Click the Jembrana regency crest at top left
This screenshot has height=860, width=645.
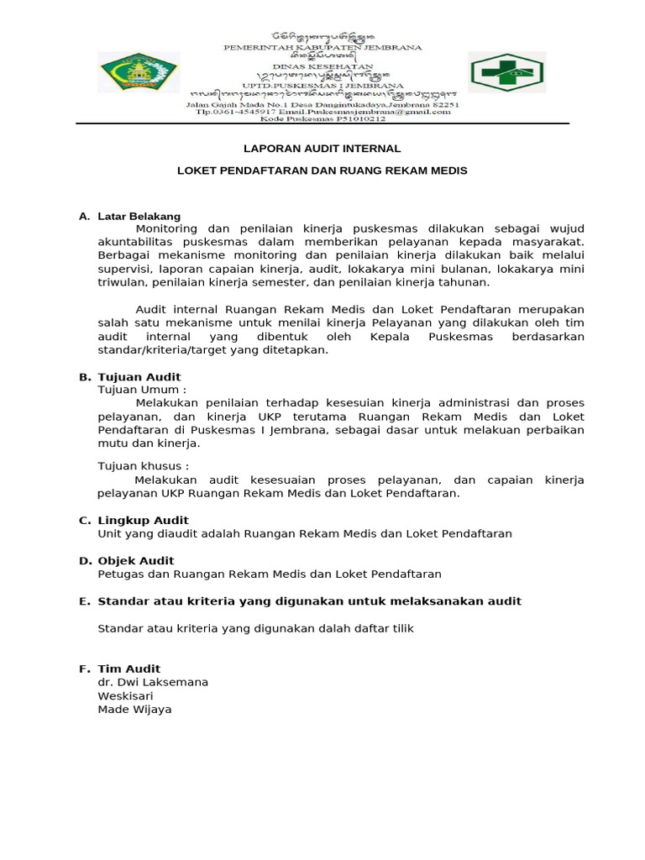(139, 72)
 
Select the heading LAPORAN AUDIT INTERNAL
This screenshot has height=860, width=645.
(322, 149)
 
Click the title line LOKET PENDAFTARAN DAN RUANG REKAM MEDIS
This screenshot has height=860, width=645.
(322, 170)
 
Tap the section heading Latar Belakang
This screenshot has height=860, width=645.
(139, 216)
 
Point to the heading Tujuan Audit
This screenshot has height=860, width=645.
(139, 377)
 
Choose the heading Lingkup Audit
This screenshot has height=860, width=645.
(144, 520)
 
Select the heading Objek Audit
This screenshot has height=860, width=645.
(136, 560)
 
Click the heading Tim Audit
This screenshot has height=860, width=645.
(129, 669)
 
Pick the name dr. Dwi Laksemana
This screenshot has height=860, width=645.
(153, 682)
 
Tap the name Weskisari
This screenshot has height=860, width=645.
(126, 695)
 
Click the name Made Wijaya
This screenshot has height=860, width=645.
(135, 710)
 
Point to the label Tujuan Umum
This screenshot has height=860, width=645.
(142, 390)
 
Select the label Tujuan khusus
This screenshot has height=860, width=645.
(144, 465)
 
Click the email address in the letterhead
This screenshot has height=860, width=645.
(385, 111)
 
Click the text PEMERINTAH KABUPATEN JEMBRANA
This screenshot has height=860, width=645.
(322, 48)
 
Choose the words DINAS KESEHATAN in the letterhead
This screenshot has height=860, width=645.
(322, 71)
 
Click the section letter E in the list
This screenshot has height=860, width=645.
(83, 600)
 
